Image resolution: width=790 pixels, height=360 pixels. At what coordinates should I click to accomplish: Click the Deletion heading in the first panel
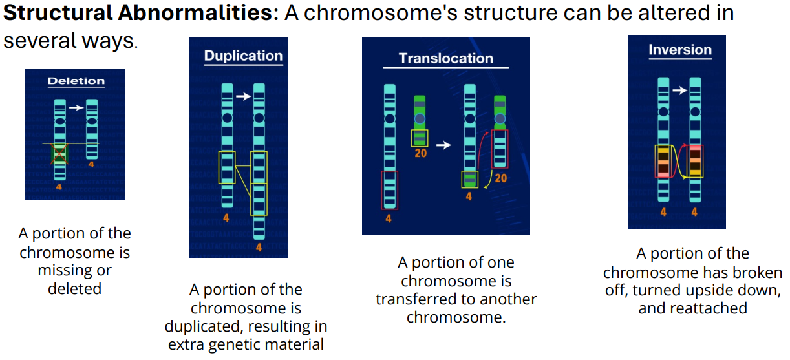click(x=76, y=81)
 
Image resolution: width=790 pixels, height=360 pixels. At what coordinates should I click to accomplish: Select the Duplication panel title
click(x=243, y=56)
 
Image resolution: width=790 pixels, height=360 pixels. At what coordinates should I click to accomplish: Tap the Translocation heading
click(x=445, y=58)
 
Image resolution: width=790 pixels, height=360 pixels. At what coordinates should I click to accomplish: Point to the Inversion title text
click(x=679, y=50)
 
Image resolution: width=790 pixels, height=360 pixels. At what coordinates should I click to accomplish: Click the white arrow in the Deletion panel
click(x=76, y=107)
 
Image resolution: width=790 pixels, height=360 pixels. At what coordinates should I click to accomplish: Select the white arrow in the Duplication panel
click(x=242, y=96)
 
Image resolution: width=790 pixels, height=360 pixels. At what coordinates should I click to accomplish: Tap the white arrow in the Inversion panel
click(x=679, y=90)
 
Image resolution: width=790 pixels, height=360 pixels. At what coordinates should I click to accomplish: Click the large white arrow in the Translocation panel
click(x=443, y=145)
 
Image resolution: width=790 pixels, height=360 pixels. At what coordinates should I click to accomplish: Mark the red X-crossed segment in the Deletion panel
click(x=59, y=153)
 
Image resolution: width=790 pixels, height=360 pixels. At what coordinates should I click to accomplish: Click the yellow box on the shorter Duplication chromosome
click(x=226, y=167)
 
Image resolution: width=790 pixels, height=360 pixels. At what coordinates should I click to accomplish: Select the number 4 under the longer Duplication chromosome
click(x=259, y=248)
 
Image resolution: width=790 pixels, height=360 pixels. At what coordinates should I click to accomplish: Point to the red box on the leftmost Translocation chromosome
click(x=389, y=189)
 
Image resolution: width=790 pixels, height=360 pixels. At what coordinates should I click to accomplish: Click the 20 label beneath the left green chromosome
click(x=420, y=154)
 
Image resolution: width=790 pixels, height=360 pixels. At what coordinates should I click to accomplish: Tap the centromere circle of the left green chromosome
click(x=420, y=119)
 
